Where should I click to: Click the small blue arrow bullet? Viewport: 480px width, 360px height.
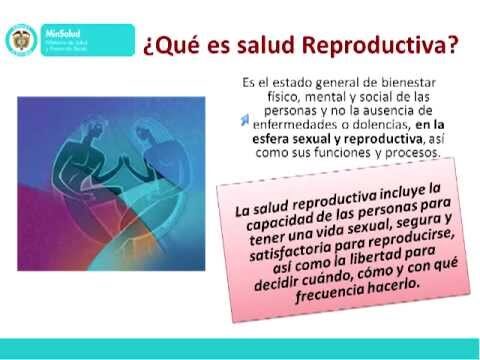243,121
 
